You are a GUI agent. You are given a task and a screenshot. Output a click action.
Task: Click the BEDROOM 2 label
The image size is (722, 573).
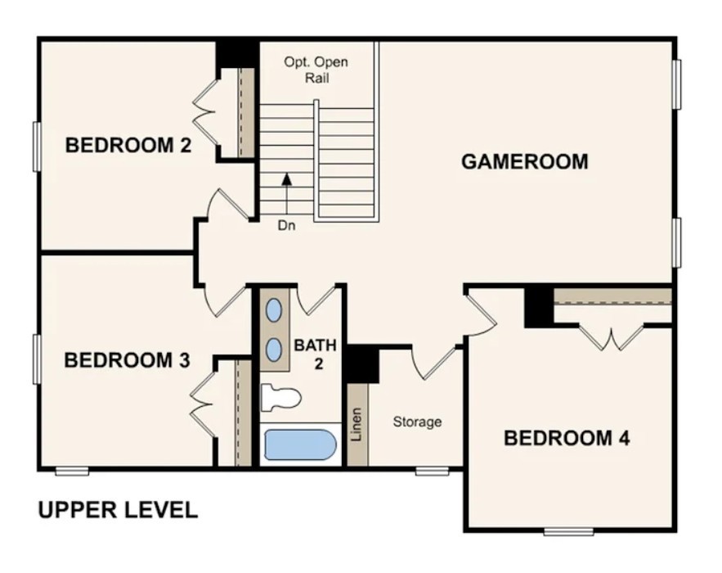[128, 145]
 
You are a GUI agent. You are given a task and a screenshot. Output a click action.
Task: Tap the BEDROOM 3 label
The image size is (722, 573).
[127, 360]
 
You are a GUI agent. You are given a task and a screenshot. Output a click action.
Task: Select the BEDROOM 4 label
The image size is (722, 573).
[567, 438]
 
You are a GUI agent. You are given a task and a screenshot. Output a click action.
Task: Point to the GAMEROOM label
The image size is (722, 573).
[525, 162]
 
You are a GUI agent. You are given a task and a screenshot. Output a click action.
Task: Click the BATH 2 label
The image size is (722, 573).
[316, 354]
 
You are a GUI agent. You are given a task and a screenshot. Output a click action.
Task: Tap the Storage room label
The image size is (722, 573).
[417, 422]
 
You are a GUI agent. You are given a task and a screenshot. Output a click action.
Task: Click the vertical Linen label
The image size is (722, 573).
[357, 424]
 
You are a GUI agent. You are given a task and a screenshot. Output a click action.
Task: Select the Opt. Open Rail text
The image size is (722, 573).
[316, 70]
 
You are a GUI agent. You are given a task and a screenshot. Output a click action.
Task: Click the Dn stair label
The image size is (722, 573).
[286, 225]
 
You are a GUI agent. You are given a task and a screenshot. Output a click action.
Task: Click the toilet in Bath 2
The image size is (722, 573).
[281, 397]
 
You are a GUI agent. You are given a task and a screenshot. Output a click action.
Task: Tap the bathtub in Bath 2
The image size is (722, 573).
[300, 444]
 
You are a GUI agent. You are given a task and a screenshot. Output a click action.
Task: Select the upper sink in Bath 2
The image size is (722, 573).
[275, 309]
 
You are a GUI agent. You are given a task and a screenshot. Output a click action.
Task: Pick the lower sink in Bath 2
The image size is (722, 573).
[275, 350]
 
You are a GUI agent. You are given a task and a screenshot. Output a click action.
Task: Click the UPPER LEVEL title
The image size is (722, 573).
[118, 510]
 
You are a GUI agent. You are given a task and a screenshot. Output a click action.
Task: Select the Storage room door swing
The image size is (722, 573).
[435, 364]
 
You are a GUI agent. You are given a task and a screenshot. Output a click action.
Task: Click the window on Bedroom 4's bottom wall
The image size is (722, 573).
[568, 531]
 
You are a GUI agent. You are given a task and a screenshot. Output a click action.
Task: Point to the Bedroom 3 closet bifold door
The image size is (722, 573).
[203, 404]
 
